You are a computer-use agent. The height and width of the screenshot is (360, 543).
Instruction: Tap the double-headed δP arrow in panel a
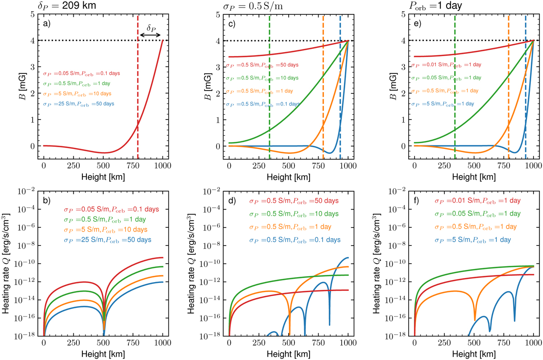[150, 34]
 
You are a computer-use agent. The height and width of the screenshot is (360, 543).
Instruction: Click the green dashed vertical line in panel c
[269, 91]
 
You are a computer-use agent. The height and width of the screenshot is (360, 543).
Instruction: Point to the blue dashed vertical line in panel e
[525, 91]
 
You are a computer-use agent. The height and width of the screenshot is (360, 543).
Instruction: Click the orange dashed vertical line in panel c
[323, 91]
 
